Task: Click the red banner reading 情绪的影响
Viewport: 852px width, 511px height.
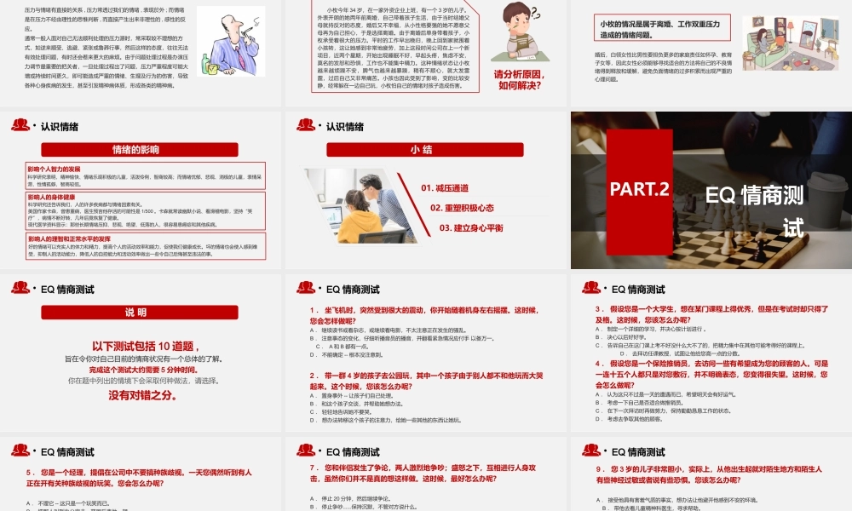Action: (x=142, y=150)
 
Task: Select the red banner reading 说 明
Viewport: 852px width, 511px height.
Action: (x=142, y=312)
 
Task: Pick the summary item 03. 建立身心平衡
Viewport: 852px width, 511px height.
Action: (x=471, y=227)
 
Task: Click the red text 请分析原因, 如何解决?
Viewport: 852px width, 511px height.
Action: (x=519, y=79)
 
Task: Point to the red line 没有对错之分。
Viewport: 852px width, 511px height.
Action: (x=142, y=395)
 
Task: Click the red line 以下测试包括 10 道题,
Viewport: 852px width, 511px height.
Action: (x=142, y=346)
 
